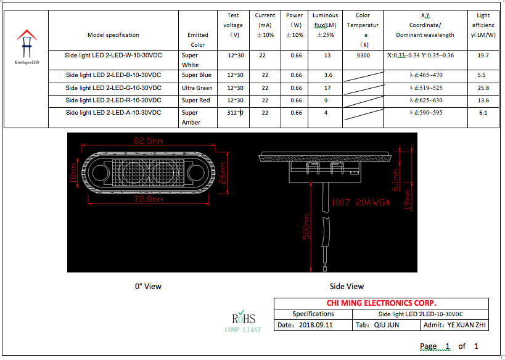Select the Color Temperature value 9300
coord(363,55)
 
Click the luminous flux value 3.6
coord(327,75)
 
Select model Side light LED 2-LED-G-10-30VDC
coord(113,88)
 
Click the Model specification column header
coord(113,35)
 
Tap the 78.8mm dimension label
coord(149,200)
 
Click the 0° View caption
coord(148,286)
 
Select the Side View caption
coord(347,286)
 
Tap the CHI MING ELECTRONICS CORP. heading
coord(381,303)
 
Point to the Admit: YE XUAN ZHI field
coord(455,324)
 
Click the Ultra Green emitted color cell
coord(197,88)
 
